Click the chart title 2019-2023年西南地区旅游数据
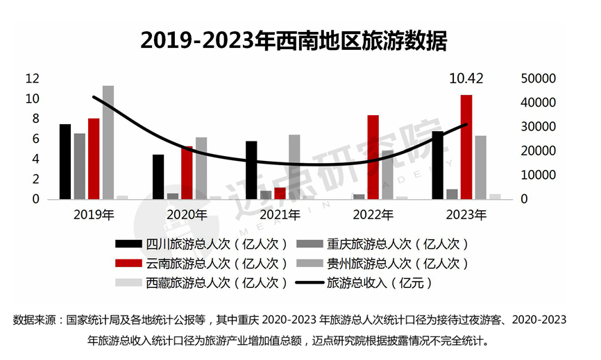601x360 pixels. click(x=294, y=40)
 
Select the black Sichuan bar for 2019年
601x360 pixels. click(x=65, y=162)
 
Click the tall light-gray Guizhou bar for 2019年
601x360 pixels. click(x=108, y=142)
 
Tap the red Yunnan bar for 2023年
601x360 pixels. click(x=466, y=147)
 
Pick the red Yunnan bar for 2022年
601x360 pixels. click(x=373, y=157)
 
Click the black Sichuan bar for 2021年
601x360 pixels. click(x=251, y=170)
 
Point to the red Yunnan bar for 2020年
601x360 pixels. click(x=187, y=173)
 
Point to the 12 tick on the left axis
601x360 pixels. click(x=31, y=78)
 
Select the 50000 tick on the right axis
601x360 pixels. click(x=538, y=78)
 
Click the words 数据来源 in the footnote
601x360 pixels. click(x=35, y=320)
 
